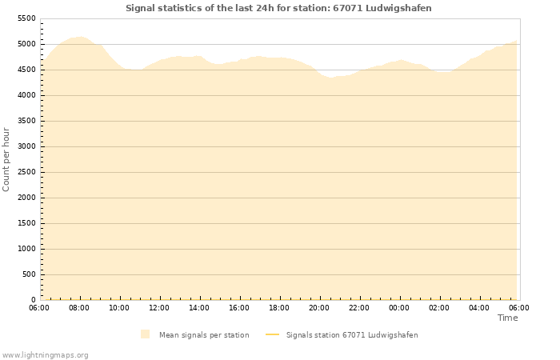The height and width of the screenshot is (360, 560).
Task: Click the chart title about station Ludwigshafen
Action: (278, 8)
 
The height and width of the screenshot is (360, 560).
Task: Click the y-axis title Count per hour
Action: (6, 159)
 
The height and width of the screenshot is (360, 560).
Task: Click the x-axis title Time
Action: (507, 318)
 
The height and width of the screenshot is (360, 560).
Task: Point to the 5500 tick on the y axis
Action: (26, 18)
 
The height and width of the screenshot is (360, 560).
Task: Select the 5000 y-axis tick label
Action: (26, 44)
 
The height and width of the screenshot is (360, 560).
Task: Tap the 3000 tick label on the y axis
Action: (26, 146)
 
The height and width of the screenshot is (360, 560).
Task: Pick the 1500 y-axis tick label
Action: (26, 223)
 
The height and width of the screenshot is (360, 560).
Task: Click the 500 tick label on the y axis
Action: (29, 274)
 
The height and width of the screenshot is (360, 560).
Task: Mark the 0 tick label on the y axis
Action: (34, 300)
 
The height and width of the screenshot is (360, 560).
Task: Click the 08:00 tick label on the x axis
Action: (79, 308)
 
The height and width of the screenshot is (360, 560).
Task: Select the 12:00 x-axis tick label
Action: (159, 308)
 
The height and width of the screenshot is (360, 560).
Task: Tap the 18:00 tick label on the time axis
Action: (279, 308)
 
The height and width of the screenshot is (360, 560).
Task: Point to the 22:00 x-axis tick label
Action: (359, 308)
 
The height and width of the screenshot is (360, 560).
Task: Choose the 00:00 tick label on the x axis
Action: (399, 308)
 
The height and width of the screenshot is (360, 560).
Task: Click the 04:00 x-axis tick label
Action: (479, 308)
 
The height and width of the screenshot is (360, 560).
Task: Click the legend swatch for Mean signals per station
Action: (145, 334)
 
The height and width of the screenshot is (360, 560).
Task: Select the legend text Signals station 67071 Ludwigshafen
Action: (352, 334)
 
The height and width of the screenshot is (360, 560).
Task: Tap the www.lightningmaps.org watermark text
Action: (46, 354)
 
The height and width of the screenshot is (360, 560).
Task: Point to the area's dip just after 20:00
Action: (330, 78)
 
